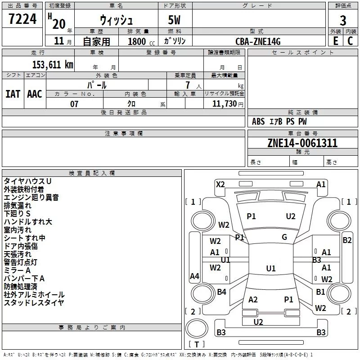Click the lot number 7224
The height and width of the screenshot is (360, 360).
[x=22, y=19]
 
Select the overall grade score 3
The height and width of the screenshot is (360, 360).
[x=343, y=21]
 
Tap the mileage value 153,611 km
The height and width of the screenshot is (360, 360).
[x=53, y=64]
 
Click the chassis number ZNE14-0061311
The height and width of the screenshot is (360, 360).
[x=302, y=143]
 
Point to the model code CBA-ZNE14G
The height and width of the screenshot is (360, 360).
[x=258, y=41]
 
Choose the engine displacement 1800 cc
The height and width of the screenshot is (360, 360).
[x=141, y=41]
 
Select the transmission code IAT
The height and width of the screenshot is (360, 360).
[x=13, y=94]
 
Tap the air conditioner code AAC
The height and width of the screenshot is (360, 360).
[x=35, y=94]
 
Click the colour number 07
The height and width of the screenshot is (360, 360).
[x=74, y=104]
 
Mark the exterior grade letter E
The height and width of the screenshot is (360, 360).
[x=335, y=41]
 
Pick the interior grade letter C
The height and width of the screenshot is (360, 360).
[x=350, y=41]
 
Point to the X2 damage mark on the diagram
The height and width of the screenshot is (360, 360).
[x=220, y=184]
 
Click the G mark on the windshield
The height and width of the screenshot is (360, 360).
[x=284, y=237]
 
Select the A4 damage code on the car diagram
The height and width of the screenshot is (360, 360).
[x=194, y=276]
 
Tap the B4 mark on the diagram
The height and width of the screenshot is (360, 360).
[x=221, y=292]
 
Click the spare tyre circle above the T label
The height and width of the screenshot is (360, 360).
[x=197, y=328]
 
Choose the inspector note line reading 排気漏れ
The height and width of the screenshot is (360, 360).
[x=18, y=206]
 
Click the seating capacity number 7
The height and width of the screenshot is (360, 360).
[x=188, y=85]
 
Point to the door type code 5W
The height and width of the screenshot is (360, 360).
[x=174, y=20]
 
